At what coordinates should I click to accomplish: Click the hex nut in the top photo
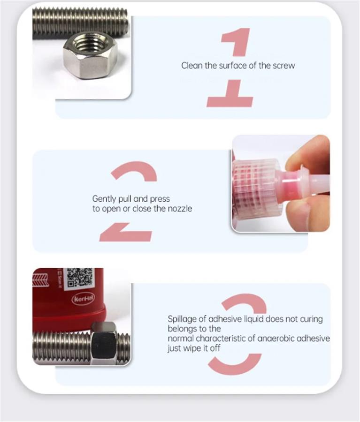pos(91,57)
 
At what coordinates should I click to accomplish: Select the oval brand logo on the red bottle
pos(83,299)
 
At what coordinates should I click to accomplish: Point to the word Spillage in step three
pos(182,319)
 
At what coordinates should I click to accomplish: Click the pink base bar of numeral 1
pos(230,102)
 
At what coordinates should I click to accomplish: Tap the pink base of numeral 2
pos(126,236)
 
